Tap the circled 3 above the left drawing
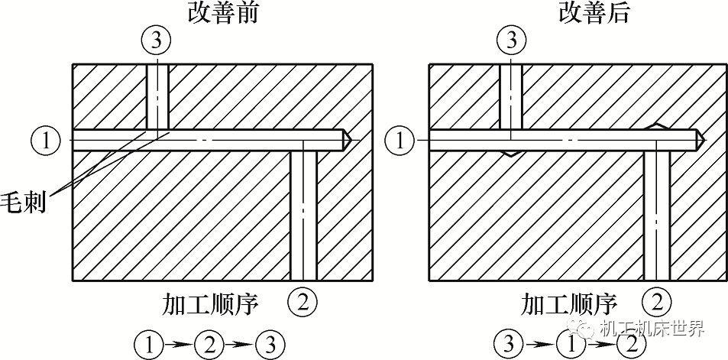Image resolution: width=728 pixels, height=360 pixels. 157,41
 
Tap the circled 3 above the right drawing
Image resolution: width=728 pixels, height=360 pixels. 511,41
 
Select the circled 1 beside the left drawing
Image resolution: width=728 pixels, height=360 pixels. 46,141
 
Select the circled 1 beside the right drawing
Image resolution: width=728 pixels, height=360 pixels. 402,141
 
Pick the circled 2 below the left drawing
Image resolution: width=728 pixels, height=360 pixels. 303,301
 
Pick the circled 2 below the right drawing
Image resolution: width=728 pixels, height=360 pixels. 657,301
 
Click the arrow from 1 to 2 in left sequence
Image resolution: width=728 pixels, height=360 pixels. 179,344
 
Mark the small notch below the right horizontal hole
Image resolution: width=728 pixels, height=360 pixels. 511,153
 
